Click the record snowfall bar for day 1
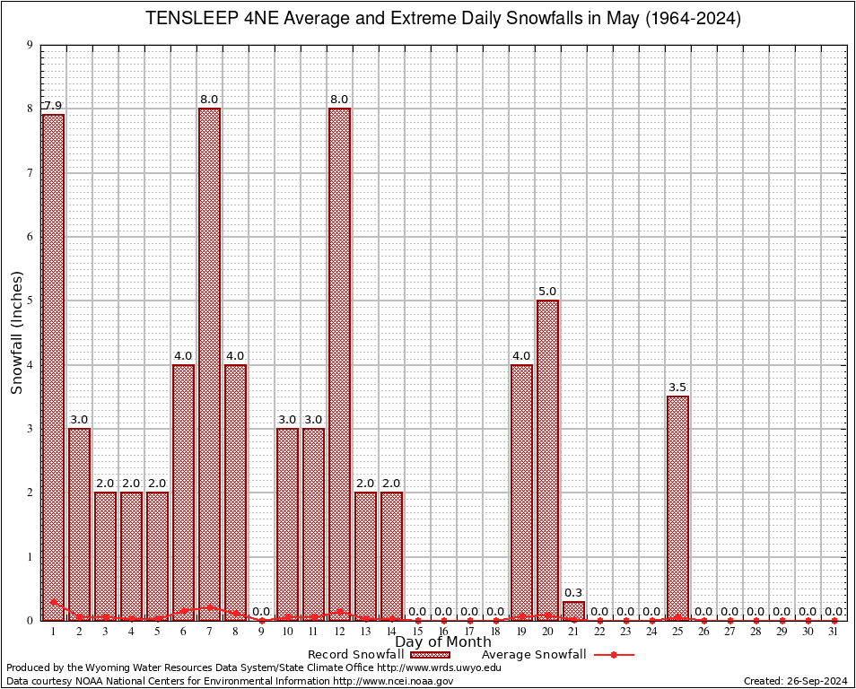click(x=53, y=367)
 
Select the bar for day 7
click(x=209, y=363)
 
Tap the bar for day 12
click(x=339, y=363)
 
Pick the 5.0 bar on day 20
click(x=547, y=459)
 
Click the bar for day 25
click(x=677, y=508)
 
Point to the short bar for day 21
click(x=573, y=611)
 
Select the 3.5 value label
click(x=677, y=388)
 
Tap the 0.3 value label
click(x=573, y=592)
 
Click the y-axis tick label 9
click(x=31, y=45)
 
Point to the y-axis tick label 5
click(x=31, y=301)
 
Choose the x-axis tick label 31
click(x=834, y=632)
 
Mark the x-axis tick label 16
click(x=443, y=632)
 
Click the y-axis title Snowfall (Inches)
click(x=16, y=333)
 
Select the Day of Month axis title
click(x=442, y=642)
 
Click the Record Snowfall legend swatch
click(x=430, y=655)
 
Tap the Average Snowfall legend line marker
click(x=613, y=655)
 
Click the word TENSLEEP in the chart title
click(x=189, y=19)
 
